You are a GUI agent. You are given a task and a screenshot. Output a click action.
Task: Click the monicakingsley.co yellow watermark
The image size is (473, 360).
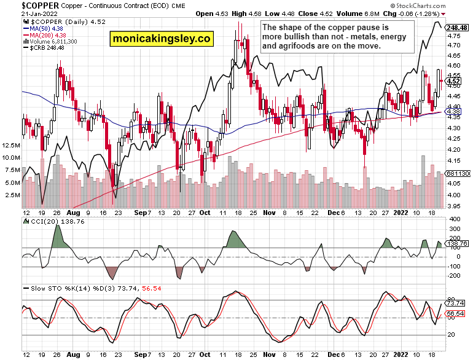(162, 39)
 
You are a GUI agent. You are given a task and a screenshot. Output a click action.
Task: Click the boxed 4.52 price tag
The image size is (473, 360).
(454, 81)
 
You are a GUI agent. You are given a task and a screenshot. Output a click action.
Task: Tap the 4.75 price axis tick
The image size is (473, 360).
(455, 36)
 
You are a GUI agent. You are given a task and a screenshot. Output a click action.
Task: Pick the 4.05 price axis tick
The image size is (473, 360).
(455, 182)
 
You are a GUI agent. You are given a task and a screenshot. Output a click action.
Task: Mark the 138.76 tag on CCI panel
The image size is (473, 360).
(456, 244)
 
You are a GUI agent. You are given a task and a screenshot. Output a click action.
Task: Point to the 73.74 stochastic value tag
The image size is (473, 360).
(455, 303)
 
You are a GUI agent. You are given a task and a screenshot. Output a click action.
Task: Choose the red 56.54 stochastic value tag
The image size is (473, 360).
(455, 313)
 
